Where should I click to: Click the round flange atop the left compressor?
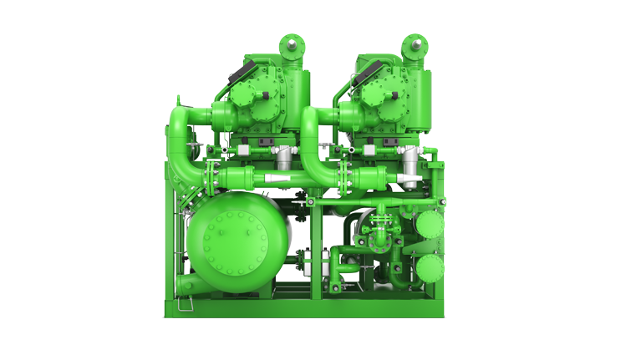click(291, 43)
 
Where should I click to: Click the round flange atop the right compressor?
click(415, 43)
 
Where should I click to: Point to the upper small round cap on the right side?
click(429, 224)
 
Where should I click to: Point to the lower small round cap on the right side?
click(429, 269)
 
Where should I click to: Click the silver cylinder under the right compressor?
click(410, 161)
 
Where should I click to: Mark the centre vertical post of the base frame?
click(314, 251)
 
